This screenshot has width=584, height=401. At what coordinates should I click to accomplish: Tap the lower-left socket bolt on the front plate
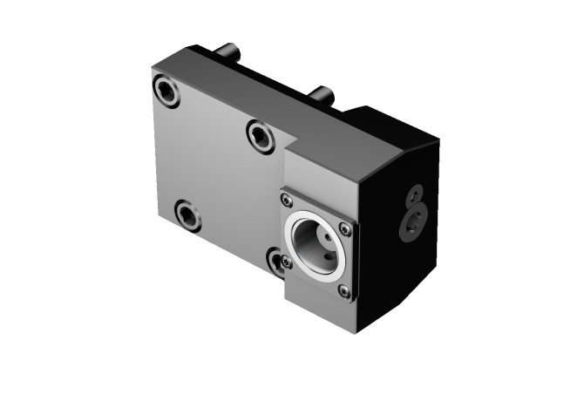pos(187,214)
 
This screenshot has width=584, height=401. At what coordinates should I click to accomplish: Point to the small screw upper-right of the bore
pos(346,229)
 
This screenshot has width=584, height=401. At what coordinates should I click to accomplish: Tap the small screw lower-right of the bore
pos(345,291)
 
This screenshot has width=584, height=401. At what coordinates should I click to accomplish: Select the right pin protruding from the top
pos(323,92)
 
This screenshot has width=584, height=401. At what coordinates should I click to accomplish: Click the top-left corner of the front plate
pos(152,71)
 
